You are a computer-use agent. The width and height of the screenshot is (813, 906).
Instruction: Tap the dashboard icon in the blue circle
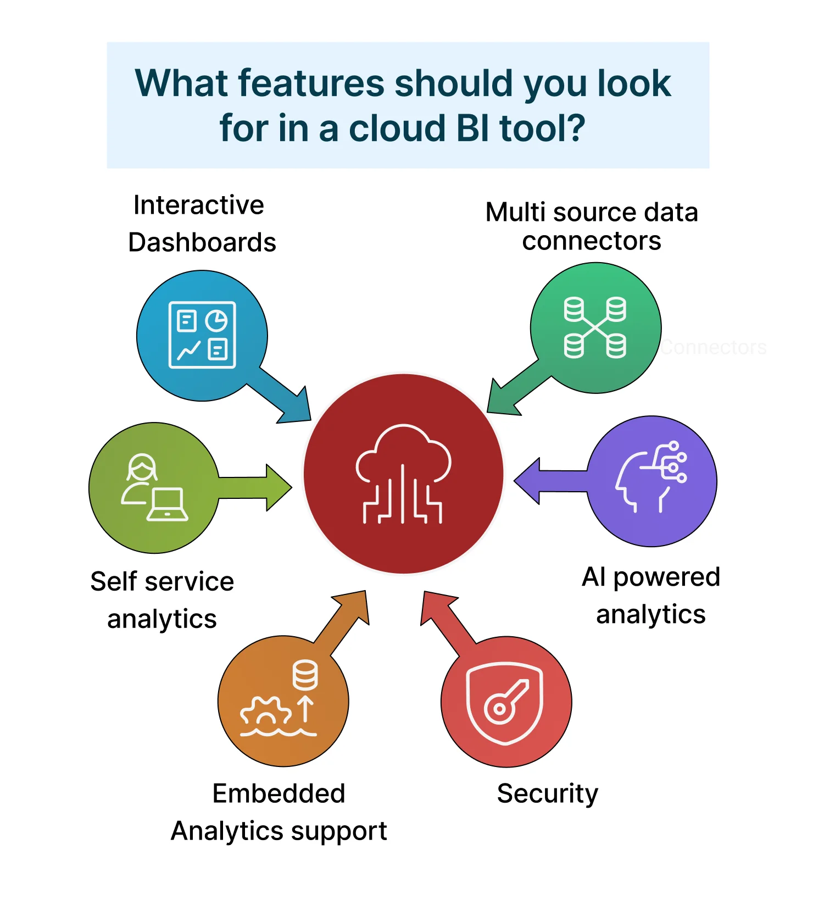click(202, 335)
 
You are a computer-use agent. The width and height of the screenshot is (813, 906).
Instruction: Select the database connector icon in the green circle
click(595, 328)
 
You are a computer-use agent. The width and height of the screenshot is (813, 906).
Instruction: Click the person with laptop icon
click(154, 488)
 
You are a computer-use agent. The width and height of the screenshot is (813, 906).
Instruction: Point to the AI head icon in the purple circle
click(651, 477)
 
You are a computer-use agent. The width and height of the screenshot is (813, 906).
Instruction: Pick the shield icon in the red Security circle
click(505, 703)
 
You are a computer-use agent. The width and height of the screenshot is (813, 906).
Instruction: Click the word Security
click(547, 794)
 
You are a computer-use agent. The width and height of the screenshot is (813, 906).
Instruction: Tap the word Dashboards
click(202, 242)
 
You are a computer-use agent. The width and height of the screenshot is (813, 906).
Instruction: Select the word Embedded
click(279, 793)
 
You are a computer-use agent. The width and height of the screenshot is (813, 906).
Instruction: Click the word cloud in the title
click(397, 128)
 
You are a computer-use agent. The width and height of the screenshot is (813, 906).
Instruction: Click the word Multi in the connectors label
click(516, 212)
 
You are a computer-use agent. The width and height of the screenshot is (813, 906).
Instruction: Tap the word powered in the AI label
click(666, 577)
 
